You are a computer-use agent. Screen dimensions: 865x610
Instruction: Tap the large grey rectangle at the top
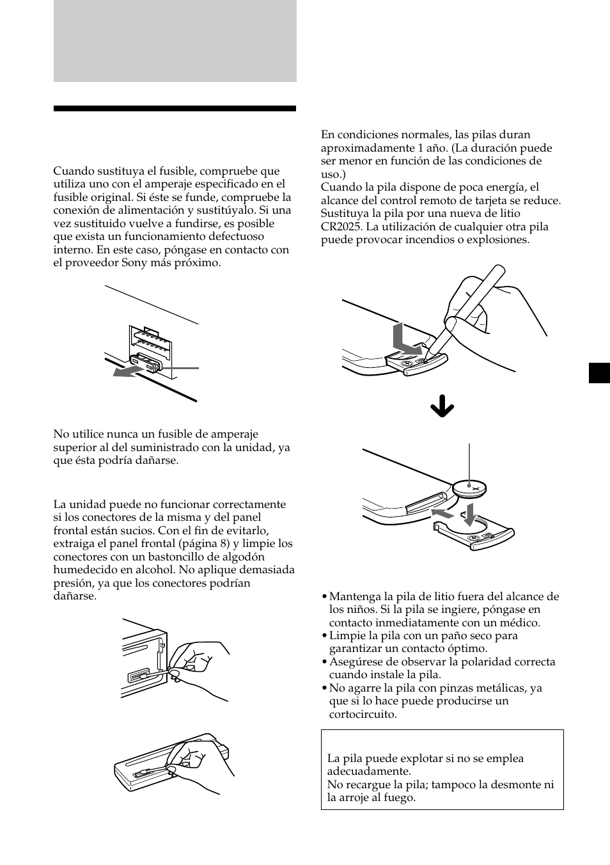click(175, 41)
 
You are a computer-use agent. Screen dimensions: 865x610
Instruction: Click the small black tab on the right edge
click(599, 372)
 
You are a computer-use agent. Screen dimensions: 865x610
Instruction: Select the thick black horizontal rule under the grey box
click(175, 109)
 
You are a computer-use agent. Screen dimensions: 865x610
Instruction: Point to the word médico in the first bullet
click(523, 623)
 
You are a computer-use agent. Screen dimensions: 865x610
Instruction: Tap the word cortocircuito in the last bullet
click(363, 714)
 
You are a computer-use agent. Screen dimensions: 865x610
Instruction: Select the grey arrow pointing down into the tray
click(469, 514)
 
